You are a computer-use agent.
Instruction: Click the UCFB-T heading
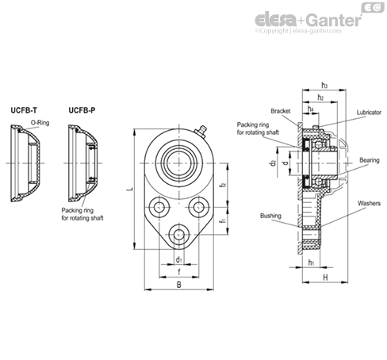point(24,110)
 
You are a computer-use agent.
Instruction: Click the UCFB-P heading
point(82,110)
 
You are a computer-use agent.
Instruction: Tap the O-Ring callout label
point(40,123)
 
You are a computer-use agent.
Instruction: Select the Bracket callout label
point(281,111)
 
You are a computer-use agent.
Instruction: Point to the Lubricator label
point(369,113)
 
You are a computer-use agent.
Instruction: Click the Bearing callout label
point(370,160)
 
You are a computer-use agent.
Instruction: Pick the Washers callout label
point(369,203)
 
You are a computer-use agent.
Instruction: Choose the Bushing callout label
point(270,216)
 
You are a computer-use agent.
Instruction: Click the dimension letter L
point(129,190)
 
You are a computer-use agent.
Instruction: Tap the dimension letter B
point(179,285)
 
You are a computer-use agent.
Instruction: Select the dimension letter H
point(325,278)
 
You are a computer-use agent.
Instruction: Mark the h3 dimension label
point(324,86)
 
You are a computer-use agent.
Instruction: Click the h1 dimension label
point(311,262)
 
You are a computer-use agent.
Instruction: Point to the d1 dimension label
point(179,259)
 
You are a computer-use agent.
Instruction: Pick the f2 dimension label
point(224,185)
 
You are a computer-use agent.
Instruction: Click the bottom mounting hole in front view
point(179,234)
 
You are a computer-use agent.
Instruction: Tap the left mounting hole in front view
point(159,207)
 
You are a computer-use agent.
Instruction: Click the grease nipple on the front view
point(201,131)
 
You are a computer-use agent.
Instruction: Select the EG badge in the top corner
point(373,7)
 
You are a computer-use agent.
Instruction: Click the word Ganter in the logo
point(335,20)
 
